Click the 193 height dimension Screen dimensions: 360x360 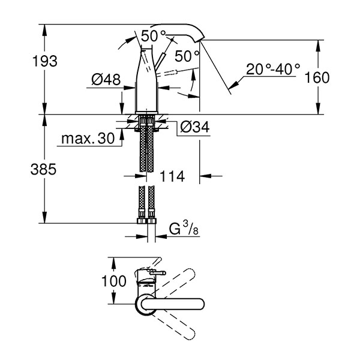[45, 61]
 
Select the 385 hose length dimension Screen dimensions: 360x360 [43, 169]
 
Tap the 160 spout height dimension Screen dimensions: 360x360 [317, 77]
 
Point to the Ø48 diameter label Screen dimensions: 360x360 [106, 80]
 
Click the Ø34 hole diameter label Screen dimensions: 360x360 [195, 127]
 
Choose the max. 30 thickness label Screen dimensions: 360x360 [88, 139]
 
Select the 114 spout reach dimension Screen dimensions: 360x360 [172, 176]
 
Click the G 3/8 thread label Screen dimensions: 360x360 [184, 229]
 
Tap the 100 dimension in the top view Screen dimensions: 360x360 [114, 281]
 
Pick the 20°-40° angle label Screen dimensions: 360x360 [273, 69]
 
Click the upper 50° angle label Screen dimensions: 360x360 [153, 36]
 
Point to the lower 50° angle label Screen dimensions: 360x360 [187, 56]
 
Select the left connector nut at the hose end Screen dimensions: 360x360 [142, 221]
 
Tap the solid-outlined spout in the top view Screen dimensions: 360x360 [170, 304]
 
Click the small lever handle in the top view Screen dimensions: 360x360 [158, 273]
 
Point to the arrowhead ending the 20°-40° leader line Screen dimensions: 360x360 [233, 85]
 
